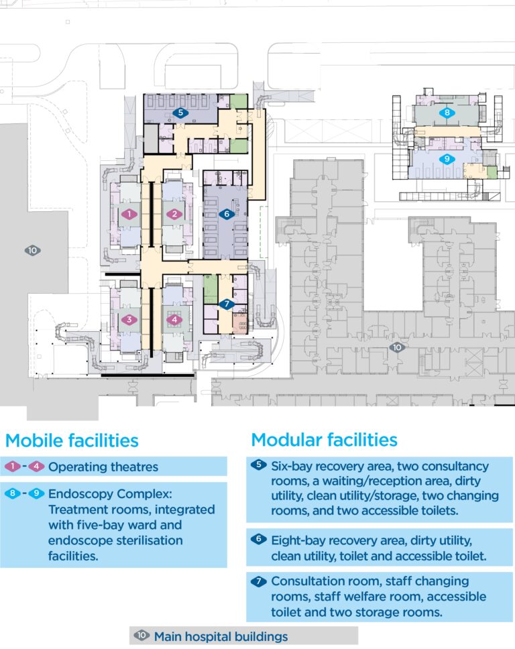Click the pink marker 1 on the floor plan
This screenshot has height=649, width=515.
point(129,215)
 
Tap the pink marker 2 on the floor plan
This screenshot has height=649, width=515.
point(175,215)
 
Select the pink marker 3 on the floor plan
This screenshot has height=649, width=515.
point(129,320)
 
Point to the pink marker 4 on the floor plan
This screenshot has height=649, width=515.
point(175,320)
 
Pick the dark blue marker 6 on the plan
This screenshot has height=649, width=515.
point(226,215)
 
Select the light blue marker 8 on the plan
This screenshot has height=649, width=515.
point(447,113)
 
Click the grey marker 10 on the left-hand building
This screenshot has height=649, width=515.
point(33,251)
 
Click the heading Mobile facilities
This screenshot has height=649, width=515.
point(72,440)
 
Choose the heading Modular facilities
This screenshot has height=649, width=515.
point(324,440)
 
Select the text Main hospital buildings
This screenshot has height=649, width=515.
point(221,636)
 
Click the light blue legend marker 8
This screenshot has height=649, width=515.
point(13,494)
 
